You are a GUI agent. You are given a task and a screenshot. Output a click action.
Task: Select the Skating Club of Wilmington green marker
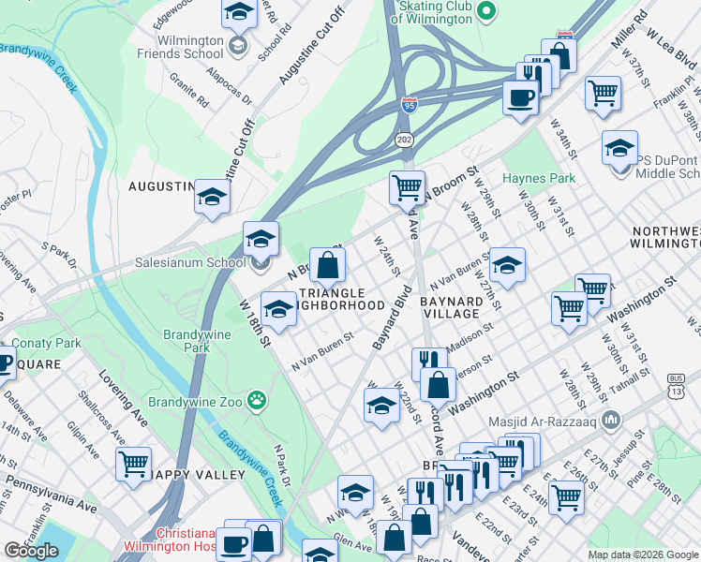coord(485,11)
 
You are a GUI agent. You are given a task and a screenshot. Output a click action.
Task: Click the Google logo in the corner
coord(31,551)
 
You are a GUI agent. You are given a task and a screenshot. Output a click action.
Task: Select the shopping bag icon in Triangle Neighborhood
coord(327,265)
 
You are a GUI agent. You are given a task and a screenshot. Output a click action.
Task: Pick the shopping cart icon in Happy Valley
coord(134,463)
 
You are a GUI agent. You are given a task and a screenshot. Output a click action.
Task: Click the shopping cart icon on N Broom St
coord(407,187)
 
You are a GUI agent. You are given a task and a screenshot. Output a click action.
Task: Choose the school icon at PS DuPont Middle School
coord(619,150)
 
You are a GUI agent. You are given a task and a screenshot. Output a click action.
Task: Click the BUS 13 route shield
coord(692,379)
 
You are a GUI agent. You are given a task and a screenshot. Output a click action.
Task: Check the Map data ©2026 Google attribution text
coord(643,555)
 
